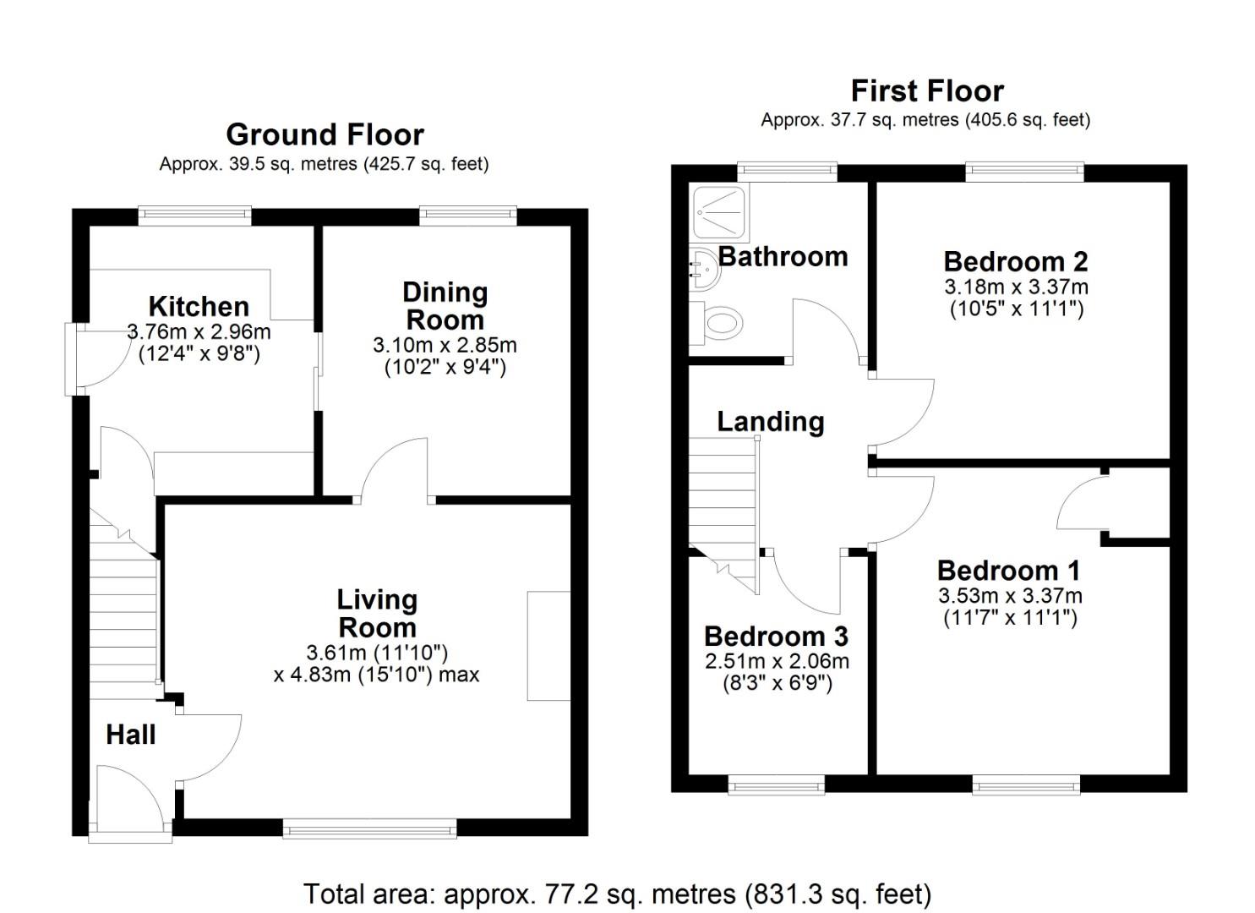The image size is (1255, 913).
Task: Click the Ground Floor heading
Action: click(325, 134)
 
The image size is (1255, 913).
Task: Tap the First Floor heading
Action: click(926, 90)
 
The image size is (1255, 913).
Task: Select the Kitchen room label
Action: click(199, 306)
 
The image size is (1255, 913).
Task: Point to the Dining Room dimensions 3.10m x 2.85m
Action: click(445, 346)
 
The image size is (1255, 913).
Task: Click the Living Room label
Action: click(377, 614)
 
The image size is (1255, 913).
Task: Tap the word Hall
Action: click(131, 735)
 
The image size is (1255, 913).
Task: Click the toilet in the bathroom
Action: click(718, 322)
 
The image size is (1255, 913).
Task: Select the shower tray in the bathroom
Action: click(718, 211)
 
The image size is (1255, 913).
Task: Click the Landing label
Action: click(770, 421)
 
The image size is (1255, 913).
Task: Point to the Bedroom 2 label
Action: click(1015, 261)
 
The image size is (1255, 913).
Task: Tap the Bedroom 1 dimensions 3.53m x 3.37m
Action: click(1010, 596)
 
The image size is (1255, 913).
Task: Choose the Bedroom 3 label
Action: click(776, 636)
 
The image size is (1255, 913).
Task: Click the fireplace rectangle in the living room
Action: click(548, 646)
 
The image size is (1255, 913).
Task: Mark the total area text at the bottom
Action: click(617, 894)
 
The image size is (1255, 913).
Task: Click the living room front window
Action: click(369, 828)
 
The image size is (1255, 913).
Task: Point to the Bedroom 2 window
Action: click(1024, 172)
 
